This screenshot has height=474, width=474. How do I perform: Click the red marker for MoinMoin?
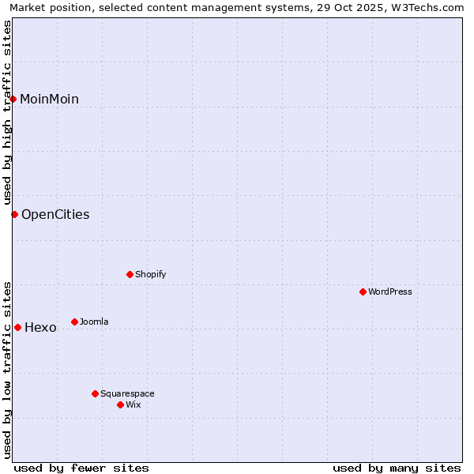[x=13, y=99]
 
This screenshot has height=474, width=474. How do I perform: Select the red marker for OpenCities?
[x=14, y=214]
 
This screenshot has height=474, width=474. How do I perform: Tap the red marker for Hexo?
[x=17, y=327]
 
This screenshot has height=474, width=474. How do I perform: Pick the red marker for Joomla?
[x=74, y=322]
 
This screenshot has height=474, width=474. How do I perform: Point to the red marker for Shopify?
[x=130, y=274]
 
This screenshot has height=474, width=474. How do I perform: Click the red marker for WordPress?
[x=363, y=292]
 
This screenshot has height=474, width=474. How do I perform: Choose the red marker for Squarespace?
[x=95, y=393]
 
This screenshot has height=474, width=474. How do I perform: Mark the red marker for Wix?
[x=120, y=404]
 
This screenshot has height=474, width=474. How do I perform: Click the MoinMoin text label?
[x=49, y=99]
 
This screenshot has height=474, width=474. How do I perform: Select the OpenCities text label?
[x=55, y=214]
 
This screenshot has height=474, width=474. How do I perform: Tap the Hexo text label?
[x=40, y=327]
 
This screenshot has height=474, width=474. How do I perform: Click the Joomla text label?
[x=94, y=322]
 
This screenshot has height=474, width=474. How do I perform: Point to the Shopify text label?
[x=150, y=274]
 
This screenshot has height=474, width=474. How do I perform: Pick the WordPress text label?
[x=390, y=292]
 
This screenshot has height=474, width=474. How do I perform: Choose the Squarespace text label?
[x=127, y=393]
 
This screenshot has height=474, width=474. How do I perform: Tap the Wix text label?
[x=133, y=404]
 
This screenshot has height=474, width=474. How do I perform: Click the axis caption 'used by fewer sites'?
[x=81, y=468]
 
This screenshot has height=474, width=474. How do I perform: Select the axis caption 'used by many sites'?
[x=397, y=468]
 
